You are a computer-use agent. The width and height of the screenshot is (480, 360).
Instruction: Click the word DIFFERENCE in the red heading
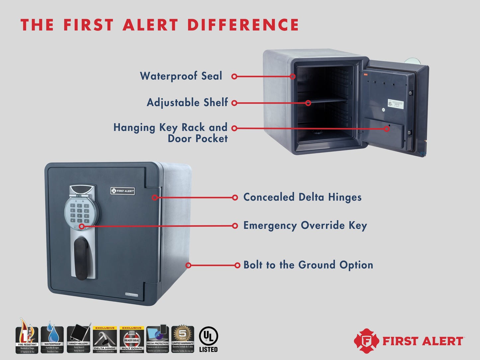click(x=243, y=25)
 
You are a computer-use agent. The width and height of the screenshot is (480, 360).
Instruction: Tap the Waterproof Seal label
click(x=181, y=76)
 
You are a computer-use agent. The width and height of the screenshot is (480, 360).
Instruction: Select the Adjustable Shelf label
click(x=187, y=102)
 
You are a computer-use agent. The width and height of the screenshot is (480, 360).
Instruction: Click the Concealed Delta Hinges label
click(x=302, y=197)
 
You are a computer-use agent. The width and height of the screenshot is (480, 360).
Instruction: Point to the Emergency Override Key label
click(x=305, y=225)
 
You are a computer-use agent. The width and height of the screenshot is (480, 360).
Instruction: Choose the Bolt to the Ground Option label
click(x=308, y=265)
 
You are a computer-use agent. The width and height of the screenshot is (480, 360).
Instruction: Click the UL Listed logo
click(x=208, y=339)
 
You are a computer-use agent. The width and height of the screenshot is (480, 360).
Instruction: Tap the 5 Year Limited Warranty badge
click(x=183, y=339)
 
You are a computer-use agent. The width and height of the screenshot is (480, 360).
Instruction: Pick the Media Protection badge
click(x=157, y=339)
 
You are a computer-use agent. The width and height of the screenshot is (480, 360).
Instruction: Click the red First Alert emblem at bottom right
click(x=366, y=341)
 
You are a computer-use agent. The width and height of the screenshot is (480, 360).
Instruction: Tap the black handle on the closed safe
click(x=82, y=258)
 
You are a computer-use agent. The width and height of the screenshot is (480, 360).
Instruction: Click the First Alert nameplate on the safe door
click(x=123, y=191)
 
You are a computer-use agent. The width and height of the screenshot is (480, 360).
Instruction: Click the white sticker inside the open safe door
click(x=396, y=104)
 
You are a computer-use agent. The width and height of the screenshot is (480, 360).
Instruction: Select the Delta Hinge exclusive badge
click(x=105, y=339)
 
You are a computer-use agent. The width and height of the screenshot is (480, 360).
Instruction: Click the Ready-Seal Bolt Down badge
click(x=132, y=339)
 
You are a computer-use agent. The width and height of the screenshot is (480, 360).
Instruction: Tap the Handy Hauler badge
click(x=78, y=339)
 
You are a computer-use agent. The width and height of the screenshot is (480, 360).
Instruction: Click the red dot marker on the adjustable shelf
click(x=308, y=103)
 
